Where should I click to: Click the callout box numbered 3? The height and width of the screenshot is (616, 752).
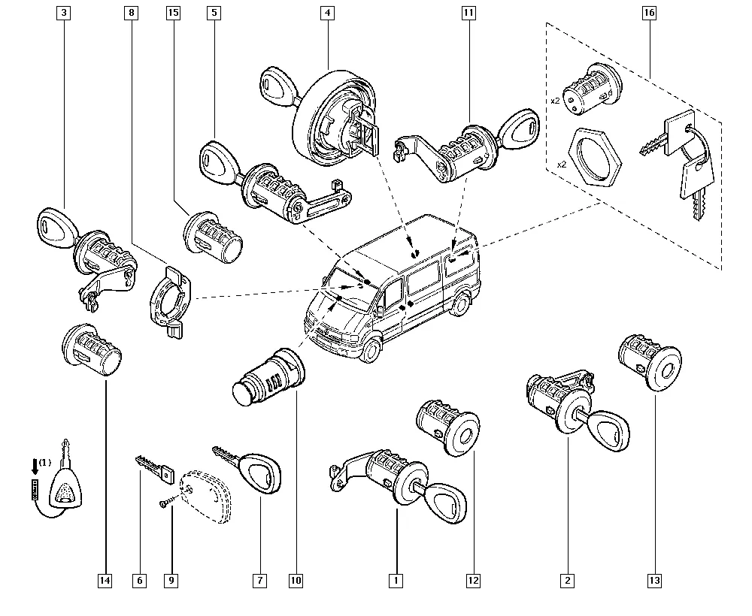click(63, 13)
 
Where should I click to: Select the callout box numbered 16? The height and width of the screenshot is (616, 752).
click(649, 13)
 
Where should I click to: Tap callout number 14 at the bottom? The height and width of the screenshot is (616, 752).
click(105, 581)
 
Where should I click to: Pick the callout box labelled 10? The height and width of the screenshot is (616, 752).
click(296, 581)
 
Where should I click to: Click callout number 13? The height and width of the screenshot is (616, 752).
click(654, 581)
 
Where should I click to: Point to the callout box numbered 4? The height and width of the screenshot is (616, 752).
click(328, 13)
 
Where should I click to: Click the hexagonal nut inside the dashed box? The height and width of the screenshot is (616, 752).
click(595, 157)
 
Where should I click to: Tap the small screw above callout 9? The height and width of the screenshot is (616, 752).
click(165, 503)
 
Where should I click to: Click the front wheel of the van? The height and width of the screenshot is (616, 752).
click(370, 349)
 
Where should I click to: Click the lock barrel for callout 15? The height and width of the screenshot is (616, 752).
click(213, 237)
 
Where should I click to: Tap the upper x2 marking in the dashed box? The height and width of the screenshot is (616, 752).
click(555, 101)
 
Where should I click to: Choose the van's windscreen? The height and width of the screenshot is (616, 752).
click(349, 288)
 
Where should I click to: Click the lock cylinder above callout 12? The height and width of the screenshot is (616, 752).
click(447, 427)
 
